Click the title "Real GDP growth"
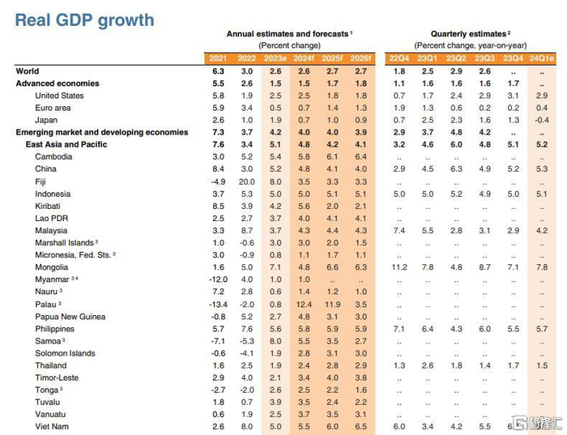(x=84, y=20)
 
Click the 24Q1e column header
(x=542, y=58)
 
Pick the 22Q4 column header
(x=399, y=58)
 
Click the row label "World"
(x=28, y=71)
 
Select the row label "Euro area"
(x=54, y=108)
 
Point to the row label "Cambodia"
(x=54, y=156)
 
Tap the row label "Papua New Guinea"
(x=70, y=317)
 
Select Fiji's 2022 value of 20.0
(x=247, y=181)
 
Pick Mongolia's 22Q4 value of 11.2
(x=399, y=267)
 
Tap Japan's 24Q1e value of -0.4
(x=541, y=120)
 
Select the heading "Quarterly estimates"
(x=457, y=34)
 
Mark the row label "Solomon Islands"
(x=65, y=353)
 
